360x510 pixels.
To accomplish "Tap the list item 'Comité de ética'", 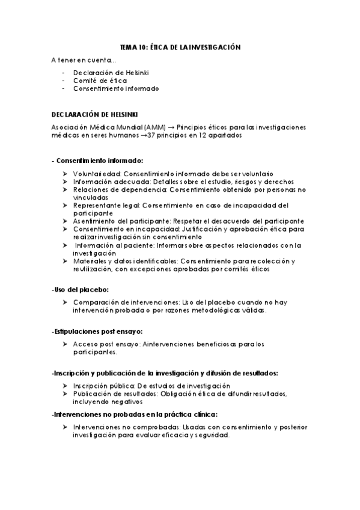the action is [93, 81].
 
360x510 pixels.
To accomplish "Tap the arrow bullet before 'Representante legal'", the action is [64, 205].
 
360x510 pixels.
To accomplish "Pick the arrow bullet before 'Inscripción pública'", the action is [64, 386].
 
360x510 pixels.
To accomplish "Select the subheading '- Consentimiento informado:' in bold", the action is [97, 161].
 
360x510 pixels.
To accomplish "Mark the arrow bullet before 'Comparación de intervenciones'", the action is [64, 302].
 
